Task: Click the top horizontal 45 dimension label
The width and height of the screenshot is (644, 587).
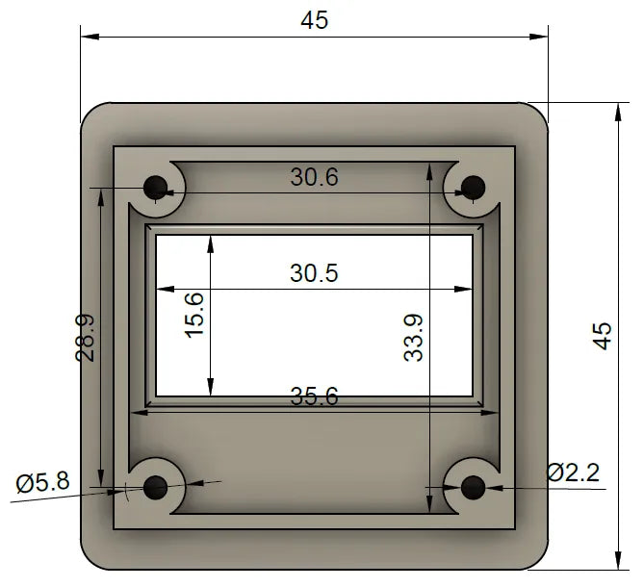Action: pyautogui.click(x=314, y=20)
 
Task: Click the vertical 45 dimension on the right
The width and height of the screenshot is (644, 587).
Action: pyautogui.click(x=602, y=335)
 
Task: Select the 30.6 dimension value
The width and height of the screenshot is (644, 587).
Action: pyautogui.click(x=314, y=176)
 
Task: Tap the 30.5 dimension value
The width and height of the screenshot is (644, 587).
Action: pyautogui.click(x=314, y=273)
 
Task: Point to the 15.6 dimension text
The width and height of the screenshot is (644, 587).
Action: pyautogui.click(x=194, y=314)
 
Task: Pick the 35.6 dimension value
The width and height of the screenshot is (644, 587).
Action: pyautogui.click(x=314, y=396)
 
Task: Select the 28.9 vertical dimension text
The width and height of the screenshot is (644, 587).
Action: pyautogui.click(x=86, y=337)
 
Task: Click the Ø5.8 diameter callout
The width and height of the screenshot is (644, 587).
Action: pyautogui.click(x=42, y=481)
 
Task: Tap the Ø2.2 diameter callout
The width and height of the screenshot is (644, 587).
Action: pyautogui.click(x=573, y=472)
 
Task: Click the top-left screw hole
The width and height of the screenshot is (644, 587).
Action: pyautogui.click(x=155, y=186)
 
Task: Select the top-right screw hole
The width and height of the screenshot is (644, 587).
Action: pyautogui.click(x=472, y=186)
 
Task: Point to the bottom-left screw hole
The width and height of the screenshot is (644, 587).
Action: pyautogui.click(x=155, y=488)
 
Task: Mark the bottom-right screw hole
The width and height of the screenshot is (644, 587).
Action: pyautogui.click(x=472, y=488)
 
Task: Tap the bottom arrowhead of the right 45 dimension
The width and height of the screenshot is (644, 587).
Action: pyautogui.click(x=616, y=559)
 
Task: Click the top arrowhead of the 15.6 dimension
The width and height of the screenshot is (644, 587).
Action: pyautogui.click(x=210, y=242)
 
